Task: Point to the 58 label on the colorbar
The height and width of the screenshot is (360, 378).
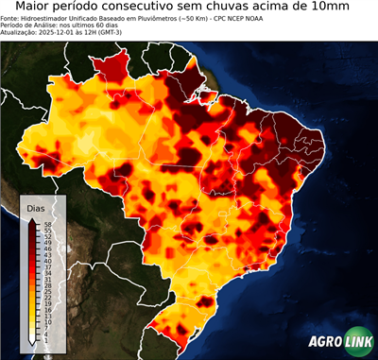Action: [x=46, y=225]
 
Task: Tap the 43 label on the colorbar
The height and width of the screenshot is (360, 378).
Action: [x=46, y=255]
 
